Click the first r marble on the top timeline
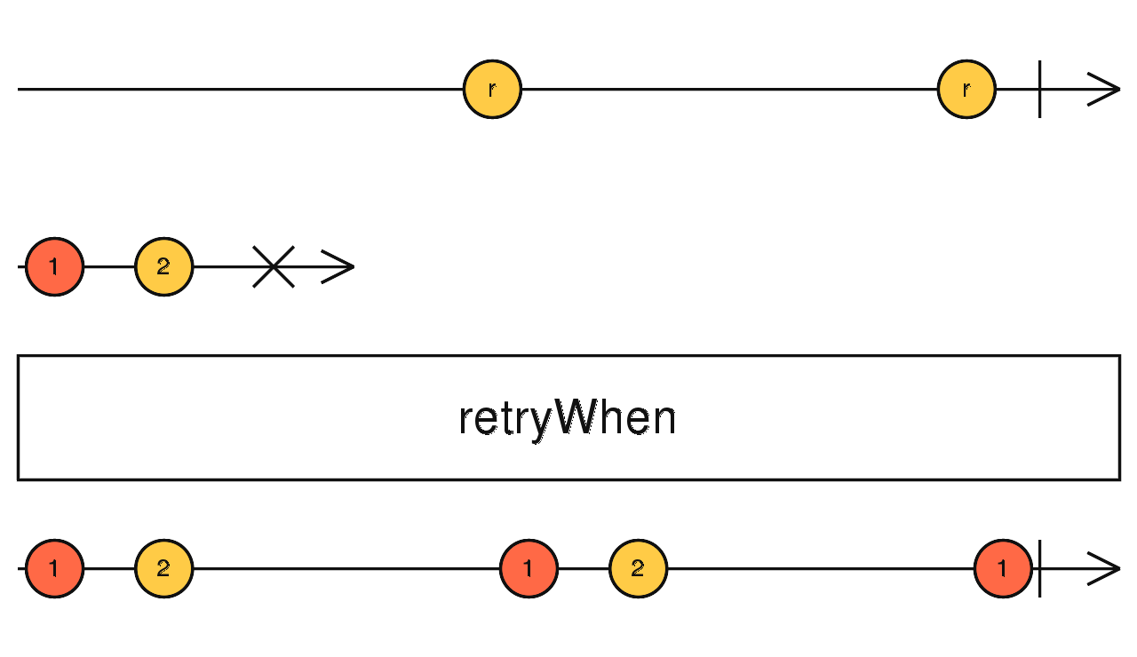point(492,89)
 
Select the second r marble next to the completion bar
point(966,89)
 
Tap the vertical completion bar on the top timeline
point(1039,89)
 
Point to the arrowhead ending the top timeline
point(1105,89)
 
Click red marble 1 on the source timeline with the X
point(54,266)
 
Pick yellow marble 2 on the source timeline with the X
point(163,266)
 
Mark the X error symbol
point(274,266)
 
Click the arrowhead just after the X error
point(339,266)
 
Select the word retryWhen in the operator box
point(567,418)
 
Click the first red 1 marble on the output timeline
point(54,568)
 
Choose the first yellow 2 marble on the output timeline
point(163,568)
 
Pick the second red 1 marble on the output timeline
point(529,568)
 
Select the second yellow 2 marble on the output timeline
point(638,568)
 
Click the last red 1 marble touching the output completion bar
point(1003,568)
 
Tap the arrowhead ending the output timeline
point(1105,568)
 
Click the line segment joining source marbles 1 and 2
point(109,266)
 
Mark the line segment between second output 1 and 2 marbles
point(584,568)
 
